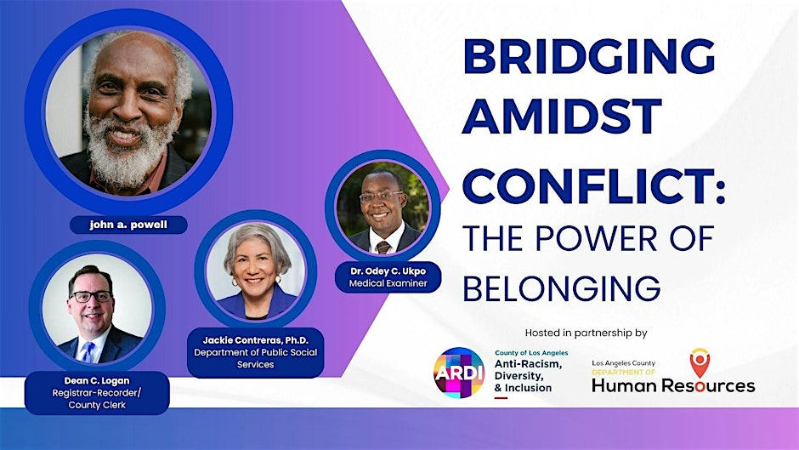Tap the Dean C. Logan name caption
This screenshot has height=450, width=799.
pyautogui.click(x=98, y=380)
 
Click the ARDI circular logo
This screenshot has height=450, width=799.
pyautogui.click(x=458, y=373)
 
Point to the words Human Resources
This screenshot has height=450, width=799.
pyautogui.click(x=673, y=385)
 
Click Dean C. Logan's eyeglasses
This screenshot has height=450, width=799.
pyautogui.click(x=91, y=296)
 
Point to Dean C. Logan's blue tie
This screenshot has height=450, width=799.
pyautogui.click(x=88, y=350)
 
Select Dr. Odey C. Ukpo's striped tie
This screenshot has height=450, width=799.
pyautogui.click(x=384, y=246)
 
